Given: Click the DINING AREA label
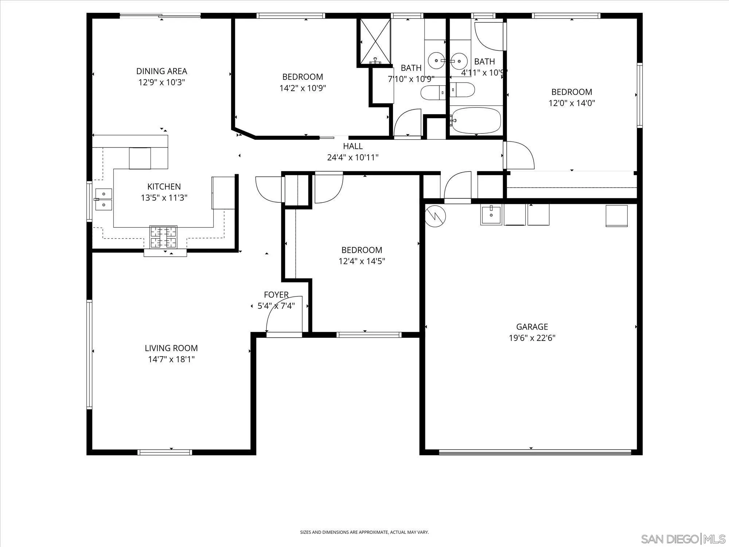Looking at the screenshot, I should click(161, 71).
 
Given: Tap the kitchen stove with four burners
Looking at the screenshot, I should click(163, 237).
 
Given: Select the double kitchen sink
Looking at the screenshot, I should click(104, 199).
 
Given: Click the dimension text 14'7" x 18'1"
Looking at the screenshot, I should click(171, 360).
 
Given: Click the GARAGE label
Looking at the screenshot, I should click(532, 327).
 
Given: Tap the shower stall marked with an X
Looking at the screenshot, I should click(375, 41).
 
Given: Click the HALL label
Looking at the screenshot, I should click(352, 146).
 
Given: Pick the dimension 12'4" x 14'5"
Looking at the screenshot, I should click(362, 261).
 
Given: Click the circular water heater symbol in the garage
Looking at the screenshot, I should click(435, 216).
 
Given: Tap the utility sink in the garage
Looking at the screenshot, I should click(491, 214).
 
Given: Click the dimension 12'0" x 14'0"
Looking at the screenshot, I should click(572, 103).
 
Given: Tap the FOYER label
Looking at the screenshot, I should click(276, 295).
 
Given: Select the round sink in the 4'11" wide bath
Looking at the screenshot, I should click(459, 61).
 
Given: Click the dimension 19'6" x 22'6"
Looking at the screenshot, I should click(532, 338).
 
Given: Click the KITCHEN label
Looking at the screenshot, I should click(164, 187).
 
